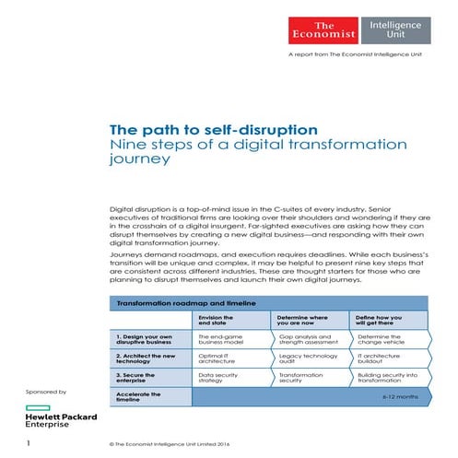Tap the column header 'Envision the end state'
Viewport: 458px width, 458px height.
(221, 320)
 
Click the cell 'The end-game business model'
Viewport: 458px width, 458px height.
(225, 340)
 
